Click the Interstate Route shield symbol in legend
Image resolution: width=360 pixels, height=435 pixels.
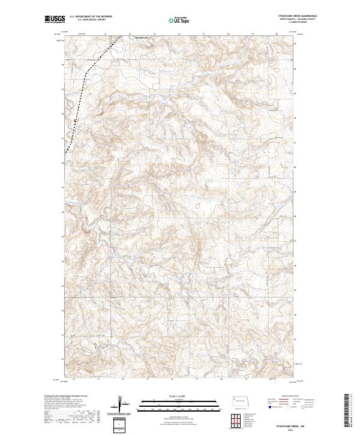pyautogui.click(x=268, y=407)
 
